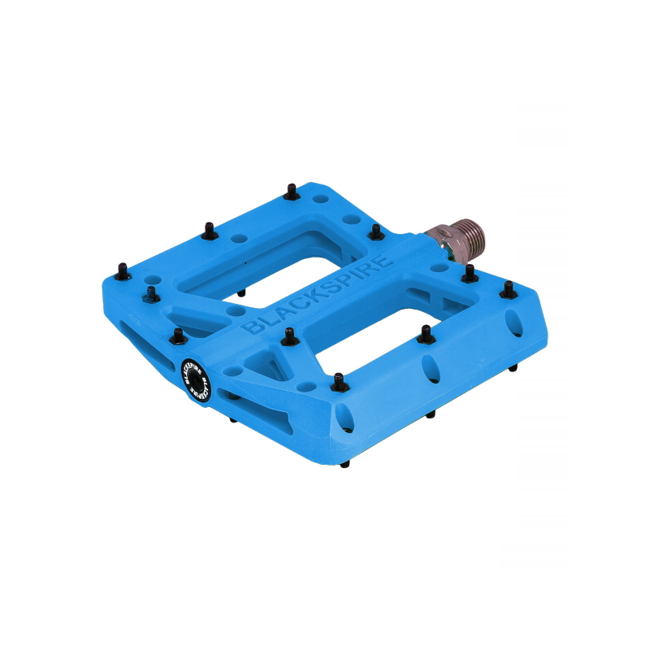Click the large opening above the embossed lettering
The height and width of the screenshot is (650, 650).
[x=268, y=260]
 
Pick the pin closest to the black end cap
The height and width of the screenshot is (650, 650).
[x=178, y=335]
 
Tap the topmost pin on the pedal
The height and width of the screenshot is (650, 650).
[x=292, y=192]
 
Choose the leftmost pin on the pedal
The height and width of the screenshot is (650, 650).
[x=122, y=268]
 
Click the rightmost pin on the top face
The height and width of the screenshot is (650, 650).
[x=508, y=288]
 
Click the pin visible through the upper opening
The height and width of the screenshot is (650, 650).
[x=241, y=289]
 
